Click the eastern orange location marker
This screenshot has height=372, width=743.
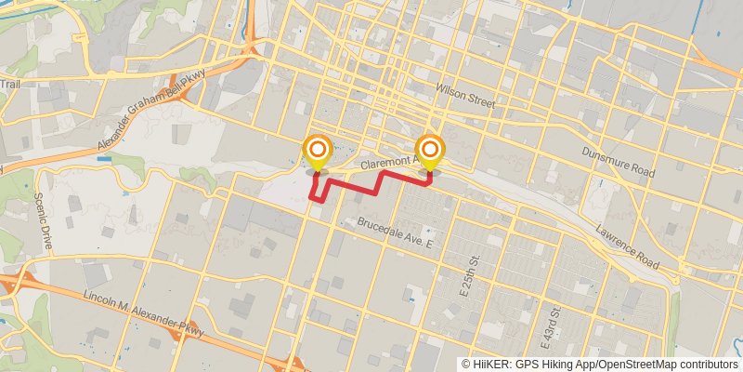[429, 150]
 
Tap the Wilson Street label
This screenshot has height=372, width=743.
[464, 91]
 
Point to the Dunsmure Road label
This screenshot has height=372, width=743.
[619, 163]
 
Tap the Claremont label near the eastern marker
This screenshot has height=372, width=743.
[385, 162]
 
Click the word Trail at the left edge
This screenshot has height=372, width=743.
[10, 85]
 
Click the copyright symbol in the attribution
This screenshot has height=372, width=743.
[465, 365]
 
